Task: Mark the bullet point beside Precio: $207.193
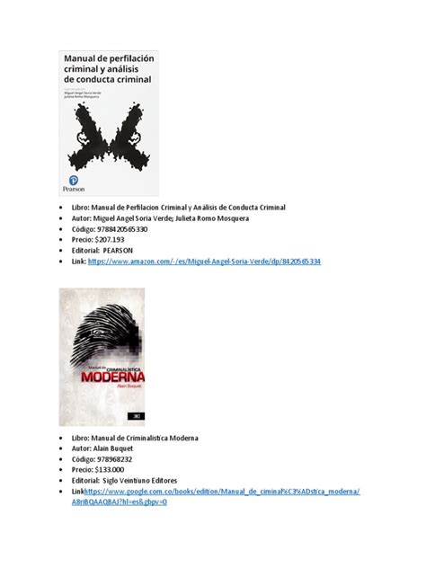point(63,241)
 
